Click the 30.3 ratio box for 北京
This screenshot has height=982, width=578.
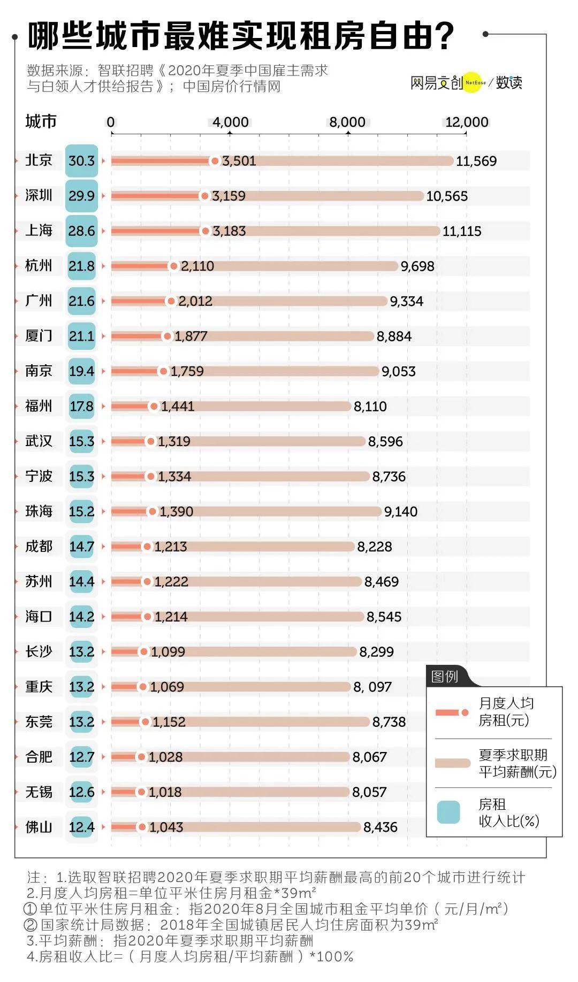point(81,160)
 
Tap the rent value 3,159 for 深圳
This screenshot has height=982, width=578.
point(229,196)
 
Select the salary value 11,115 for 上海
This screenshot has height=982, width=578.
point(462,231)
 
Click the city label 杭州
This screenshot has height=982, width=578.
point(39,265)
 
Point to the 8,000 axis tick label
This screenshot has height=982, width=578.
point(347,122)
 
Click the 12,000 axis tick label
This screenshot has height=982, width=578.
point(467,122)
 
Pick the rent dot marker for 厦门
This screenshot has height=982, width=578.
point(167,336)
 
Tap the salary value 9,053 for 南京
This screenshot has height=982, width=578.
point(398,371)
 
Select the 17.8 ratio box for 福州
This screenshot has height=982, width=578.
point(81,406)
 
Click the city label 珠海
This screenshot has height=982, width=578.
point(39,511)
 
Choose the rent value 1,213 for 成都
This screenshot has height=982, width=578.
point(171,547)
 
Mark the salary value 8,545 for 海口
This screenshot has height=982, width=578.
point(384,617)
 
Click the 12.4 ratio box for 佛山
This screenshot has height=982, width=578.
point(81,827)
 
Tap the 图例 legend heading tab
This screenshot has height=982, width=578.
point(445,677)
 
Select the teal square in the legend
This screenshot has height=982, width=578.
point(448,812)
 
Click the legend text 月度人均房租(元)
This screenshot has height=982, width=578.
point(506,711)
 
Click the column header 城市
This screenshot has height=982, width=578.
point(41,121)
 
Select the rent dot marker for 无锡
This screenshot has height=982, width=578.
point(141,792)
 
